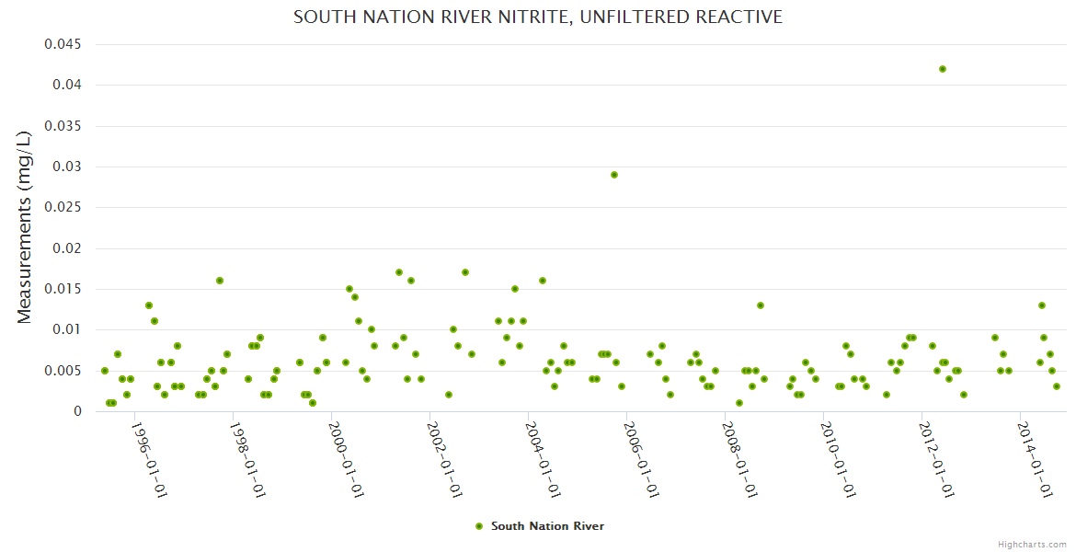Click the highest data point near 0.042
click(x=942, y=69)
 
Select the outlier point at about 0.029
click(x=614, y=175)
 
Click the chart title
click(x=538, y=17)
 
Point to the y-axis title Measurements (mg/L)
click(x=25, y=226)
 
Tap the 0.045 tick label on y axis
click(x=63, y=44)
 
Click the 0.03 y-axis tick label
click(x=67, y=167)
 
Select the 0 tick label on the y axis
click(x=78, y=411)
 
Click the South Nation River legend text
click(x=547, y=526)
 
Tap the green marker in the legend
click(x=478, y=526)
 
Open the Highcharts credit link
click(x=1032, y=545)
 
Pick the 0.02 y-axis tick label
click(x=67, y=248)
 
